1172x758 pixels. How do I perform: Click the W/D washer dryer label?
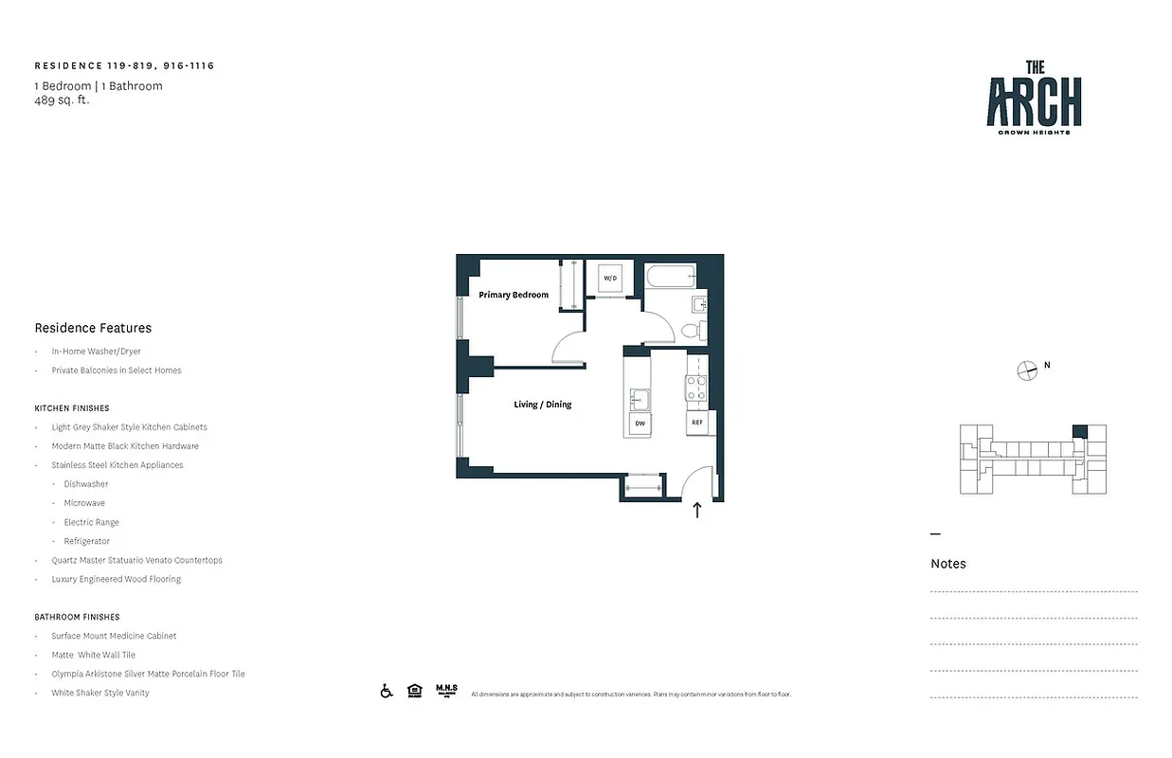pos(610,278)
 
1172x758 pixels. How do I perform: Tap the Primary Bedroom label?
pos(514,295)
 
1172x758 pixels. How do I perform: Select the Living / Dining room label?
pos(543,405)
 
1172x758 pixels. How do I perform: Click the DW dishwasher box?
pos(640,424)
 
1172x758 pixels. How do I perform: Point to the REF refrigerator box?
pos(697,423)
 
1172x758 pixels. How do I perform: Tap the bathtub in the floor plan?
pos(671,277)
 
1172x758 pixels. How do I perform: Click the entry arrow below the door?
pos(697,511)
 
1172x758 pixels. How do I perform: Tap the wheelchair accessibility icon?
pos(387,692)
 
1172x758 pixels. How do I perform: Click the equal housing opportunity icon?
pos(414,692)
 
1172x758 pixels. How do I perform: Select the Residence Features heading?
pos(93,328)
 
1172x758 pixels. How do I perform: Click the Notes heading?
pos(948,564)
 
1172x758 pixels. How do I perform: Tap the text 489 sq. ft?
pos(62,99)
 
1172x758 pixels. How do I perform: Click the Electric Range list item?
pos(92,522)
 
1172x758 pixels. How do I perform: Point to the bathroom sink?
pos(698,304)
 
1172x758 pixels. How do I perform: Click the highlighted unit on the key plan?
pos(1079,431)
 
